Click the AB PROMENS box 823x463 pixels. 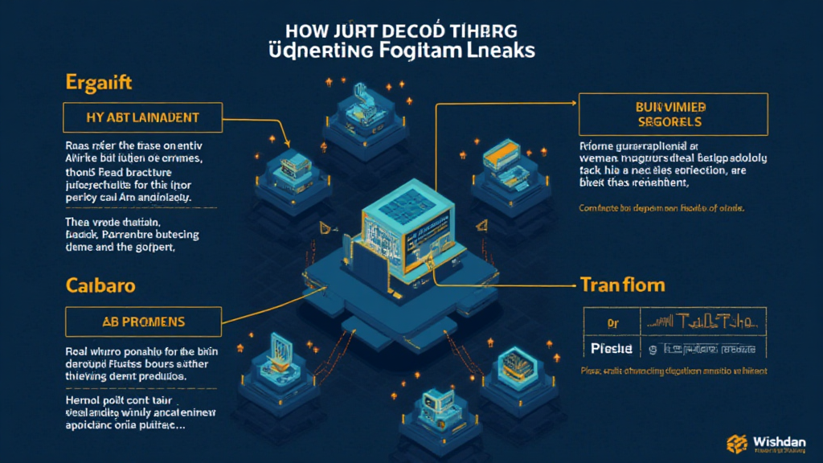(x=142, y=322)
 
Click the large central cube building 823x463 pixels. (x=411, y=233)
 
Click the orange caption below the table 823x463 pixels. (x=673, y=372)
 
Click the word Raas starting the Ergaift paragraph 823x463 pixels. (x=77, y=146)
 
